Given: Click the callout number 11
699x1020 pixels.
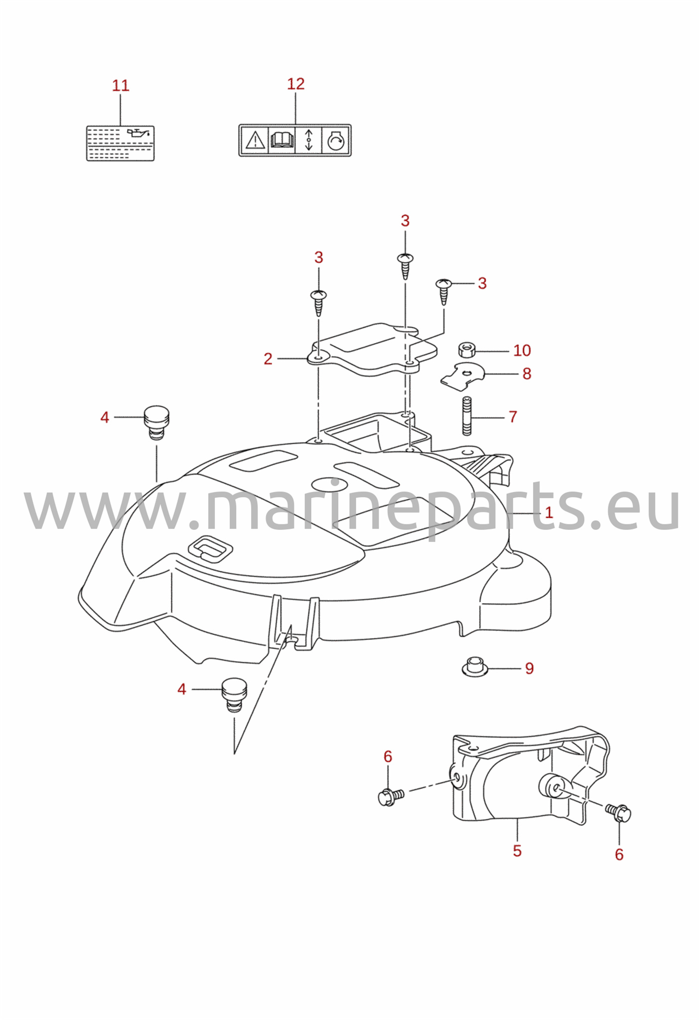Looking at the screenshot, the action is click(x=121, y=86).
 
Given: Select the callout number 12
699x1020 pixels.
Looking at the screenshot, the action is click(x=295, y=84).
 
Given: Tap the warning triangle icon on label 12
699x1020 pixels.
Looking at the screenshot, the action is click(x=255, y=140).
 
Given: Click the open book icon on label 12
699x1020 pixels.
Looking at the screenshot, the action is click(x=281, y=140).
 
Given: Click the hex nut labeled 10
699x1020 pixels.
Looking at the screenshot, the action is click(x=466, y=350).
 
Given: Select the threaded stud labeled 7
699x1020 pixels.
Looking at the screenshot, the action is click(x=467, y=416).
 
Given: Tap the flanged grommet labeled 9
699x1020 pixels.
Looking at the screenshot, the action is click(x=474, y=666).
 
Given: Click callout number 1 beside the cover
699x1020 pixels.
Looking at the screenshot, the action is click(x=549, y=512).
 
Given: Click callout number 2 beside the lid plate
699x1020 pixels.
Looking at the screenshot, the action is click(x=268, y=359).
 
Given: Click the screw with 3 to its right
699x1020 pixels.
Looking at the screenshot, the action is click(x=443, y=291).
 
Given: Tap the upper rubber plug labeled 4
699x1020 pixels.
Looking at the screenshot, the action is click(x=156, y=422).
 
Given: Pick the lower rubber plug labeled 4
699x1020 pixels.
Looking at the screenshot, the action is click(x=234, y=694).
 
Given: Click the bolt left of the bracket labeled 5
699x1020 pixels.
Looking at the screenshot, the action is click(x=391, y=797).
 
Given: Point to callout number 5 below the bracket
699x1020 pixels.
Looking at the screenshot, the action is click(x=517, y=851).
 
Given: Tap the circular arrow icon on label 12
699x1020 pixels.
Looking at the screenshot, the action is click(x=336, y=141).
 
